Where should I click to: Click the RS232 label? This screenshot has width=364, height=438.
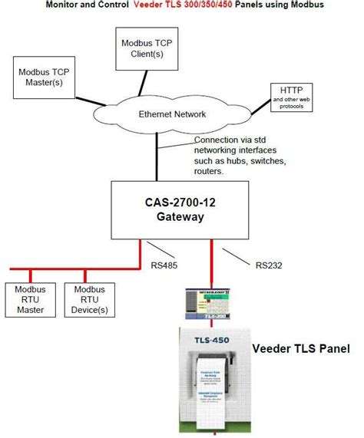click(x=269, y=266)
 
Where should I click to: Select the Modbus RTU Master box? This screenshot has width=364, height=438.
click(x=30, y=299)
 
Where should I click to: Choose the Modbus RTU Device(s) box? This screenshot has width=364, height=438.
click(x=91, y=299)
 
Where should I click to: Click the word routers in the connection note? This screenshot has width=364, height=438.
click(x=210, y=171)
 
